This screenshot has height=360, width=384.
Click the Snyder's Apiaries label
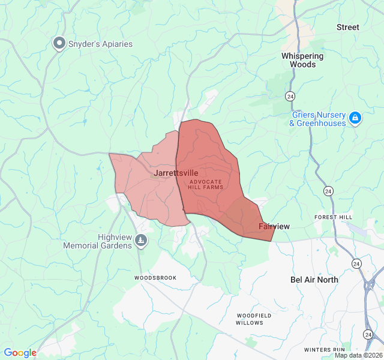[x=100, y=44]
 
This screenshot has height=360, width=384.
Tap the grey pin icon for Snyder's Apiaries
[x=59, y=43]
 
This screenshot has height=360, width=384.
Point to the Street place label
[x=347, y=27]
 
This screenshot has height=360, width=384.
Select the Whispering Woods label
[x=302, y=60]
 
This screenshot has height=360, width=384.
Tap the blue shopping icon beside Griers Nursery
[x=355, y=118]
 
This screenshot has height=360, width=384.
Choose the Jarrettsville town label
[x=175, y=173]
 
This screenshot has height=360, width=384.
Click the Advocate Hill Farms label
[x=205, y=184]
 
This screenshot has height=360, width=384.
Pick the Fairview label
[x=274, y=226]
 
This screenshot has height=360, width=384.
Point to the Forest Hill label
[x=334, y=217]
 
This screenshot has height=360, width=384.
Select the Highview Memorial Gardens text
[x=98, y=242]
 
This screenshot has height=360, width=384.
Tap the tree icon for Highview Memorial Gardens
[x=141, y=241]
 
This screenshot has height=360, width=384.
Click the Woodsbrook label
[x=155, y=278]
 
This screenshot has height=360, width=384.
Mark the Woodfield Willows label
[x=254, y=319]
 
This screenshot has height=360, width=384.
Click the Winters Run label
[x=324, y=349]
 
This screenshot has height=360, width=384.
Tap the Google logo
[x=20, y=353]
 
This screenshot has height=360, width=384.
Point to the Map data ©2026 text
[x=358, y=355]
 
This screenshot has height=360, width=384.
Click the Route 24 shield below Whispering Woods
[x=290, y=96]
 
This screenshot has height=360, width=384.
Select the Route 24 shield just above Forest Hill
[x=328, y=191]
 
